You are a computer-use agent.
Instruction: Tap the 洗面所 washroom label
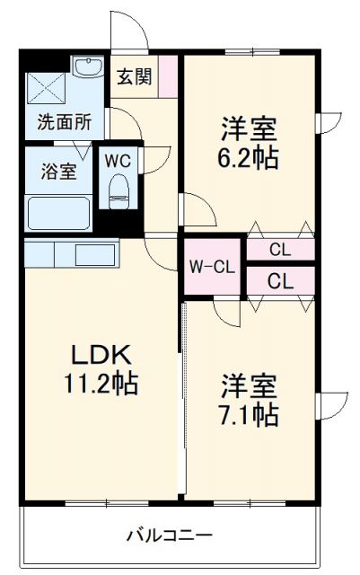64,121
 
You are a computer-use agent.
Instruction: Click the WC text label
117,161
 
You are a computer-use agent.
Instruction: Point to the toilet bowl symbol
118,191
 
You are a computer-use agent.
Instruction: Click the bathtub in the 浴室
58,213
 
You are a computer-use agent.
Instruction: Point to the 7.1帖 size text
250,415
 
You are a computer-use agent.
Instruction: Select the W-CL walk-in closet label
212,266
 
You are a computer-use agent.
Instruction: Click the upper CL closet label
280,250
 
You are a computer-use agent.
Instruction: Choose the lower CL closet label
280,280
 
